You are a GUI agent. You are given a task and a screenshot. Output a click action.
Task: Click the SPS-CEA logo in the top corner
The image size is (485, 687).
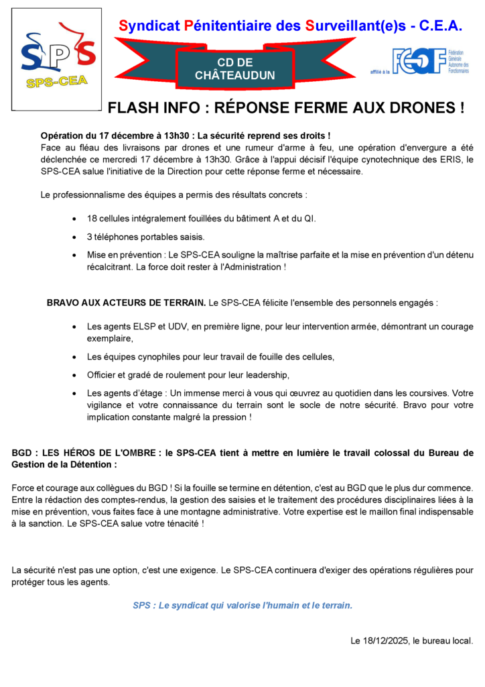(x=58, y=59)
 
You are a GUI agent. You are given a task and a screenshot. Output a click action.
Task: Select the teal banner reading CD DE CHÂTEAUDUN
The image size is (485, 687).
(x=234, y=68)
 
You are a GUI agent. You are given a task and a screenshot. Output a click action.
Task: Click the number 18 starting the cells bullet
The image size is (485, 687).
(x=92, y=219)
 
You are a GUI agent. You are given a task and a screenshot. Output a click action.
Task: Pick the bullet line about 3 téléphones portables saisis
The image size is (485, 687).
(x=146, y=237)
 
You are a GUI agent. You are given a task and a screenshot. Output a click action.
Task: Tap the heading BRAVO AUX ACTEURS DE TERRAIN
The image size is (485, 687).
(x=126, y=303)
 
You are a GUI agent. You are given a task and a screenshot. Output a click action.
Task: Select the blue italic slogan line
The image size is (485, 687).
(x=242, y=605)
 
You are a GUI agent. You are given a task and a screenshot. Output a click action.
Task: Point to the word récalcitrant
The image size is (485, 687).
(x=109, y=266)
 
